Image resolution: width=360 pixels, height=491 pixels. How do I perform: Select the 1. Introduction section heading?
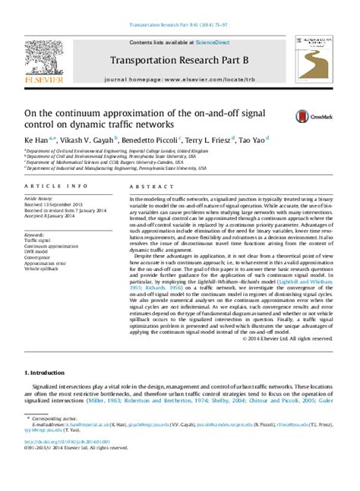(48, 373)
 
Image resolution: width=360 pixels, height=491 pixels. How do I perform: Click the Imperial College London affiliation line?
(114, 152)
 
